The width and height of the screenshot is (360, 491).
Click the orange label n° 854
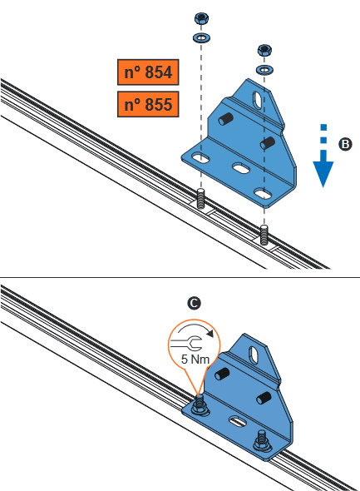click(x=148, y=72)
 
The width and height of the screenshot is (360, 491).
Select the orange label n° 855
click(x=148, y=104)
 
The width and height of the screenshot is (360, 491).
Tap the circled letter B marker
click(x=345, y=144)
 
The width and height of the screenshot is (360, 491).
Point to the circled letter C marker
click(x=194, y=304)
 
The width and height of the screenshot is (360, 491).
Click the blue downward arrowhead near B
click(x=323, y=172)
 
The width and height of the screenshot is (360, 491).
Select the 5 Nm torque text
click(x=195, y=360)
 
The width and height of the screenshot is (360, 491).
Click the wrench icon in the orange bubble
click(x=188, y=343)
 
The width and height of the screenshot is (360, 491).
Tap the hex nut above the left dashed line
click(x=201, y=18)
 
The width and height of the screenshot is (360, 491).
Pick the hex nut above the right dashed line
click(x=264, y=50)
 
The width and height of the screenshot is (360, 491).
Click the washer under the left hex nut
click(x=201, y=38)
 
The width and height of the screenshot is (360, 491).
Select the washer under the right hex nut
click(x=264, y=69)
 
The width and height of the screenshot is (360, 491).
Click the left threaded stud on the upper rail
click(x=201, y=199)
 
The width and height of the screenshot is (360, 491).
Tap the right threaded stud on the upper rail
click(x=264, y=235)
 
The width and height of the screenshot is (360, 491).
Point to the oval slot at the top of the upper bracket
click(x=259, y=100)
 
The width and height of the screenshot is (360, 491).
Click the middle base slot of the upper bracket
click(x=241, y=168)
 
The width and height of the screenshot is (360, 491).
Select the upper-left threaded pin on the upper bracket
click(x=225, y=119)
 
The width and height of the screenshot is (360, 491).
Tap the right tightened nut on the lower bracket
click(x=262, y=441)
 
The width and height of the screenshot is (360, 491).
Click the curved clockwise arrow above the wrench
click(x=195, y=326)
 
